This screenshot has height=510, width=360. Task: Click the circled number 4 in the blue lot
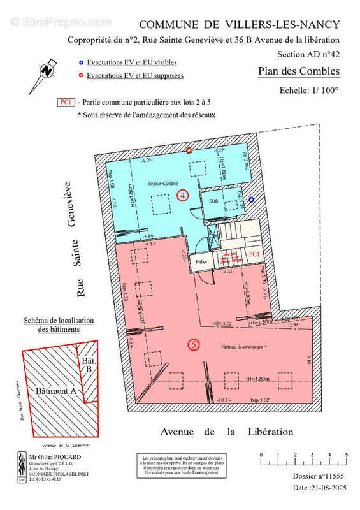pyautogui.click(x=183, y=195)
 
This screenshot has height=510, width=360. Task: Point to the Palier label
pyautogui.click(x=202, y=261)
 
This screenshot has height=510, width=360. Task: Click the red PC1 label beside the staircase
pyautogui.click(x=254, y=254)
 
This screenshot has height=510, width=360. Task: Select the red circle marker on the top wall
pyautogui.click(x=189, y=150)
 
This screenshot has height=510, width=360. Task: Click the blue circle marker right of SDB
pyautogui.click(x=252, y=200)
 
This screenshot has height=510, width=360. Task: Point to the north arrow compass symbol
pyautogui.click(x=47, y=69)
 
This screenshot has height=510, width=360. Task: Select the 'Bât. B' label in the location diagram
pyautogui.click(x=87, y=366)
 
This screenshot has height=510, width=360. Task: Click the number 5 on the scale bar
pyautogui.click(x=347, y=455)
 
